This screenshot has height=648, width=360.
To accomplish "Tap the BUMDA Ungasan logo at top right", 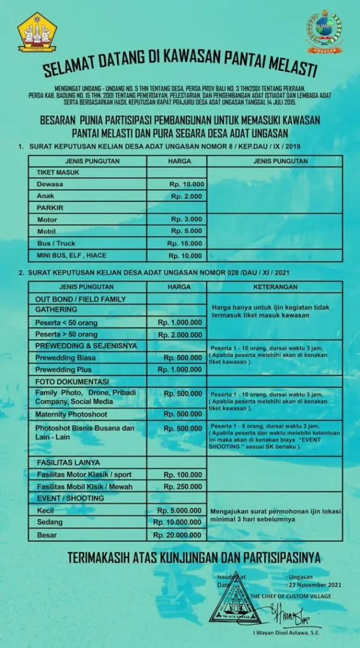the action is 325,31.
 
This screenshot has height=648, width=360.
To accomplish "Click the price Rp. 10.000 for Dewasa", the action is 186,184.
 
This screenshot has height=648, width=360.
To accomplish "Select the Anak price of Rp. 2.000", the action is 187,196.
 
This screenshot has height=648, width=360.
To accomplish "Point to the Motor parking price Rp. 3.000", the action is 187,219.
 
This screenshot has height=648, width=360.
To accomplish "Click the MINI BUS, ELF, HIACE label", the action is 71,255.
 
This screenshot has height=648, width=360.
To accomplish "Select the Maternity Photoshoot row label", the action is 71,414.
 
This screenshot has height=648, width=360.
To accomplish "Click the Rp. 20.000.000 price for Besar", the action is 177,535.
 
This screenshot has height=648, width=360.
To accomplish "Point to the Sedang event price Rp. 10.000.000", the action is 177,523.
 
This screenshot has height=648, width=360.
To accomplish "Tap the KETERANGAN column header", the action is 275,287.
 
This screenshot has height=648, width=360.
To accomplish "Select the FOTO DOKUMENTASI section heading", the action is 72,382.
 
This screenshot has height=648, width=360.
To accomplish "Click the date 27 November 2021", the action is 314,585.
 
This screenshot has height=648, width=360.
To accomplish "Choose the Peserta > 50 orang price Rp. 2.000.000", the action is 180,333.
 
